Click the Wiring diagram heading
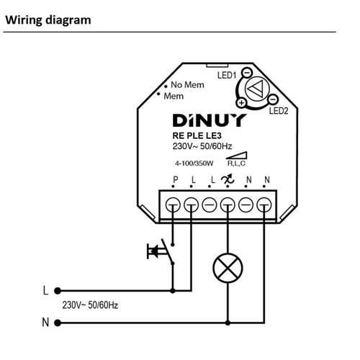click(x=48, y=20)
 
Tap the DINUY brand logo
click(x=209, y=120)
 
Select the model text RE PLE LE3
click(x=197, y=135)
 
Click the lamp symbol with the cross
click(x=228, y=268)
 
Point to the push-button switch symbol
click(x=161, y=251)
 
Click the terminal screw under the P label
click(x=173, y=205)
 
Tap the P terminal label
click(x=176, y=179)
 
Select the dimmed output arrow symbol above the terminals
click(x=228, y=179)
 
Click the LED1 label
click(x=227, y=76)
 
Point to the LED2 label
click(x=279, y=111)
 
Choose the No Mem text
click(x=187, y=85)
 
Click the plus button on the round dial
click(x=241, y=103)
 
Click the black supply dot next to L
click(x=58, y=291)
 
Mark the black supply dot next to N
click(x=58, y=323)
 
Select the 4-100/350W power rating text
click(x=194, y=163)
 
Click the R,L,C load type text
click(x=236, y=163)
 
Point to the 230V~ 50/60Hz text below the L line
click(x=90, y=305)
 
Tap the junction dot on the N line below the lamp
click(x=228, y=323)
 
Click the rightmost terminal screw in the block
click(x=264, y=205)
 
